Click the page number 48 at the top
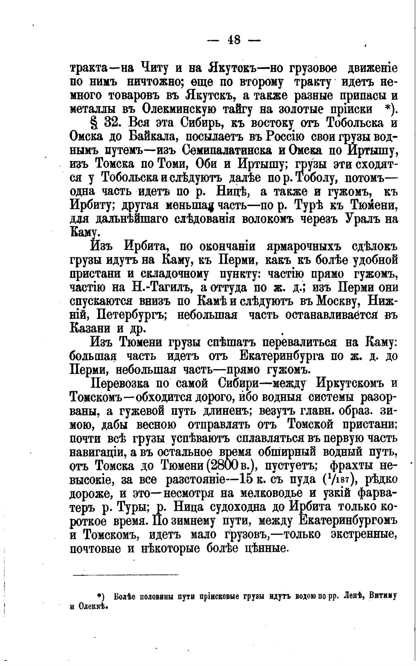[x=234, y=39]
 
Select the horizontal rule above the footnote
[x=125, y=574]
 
